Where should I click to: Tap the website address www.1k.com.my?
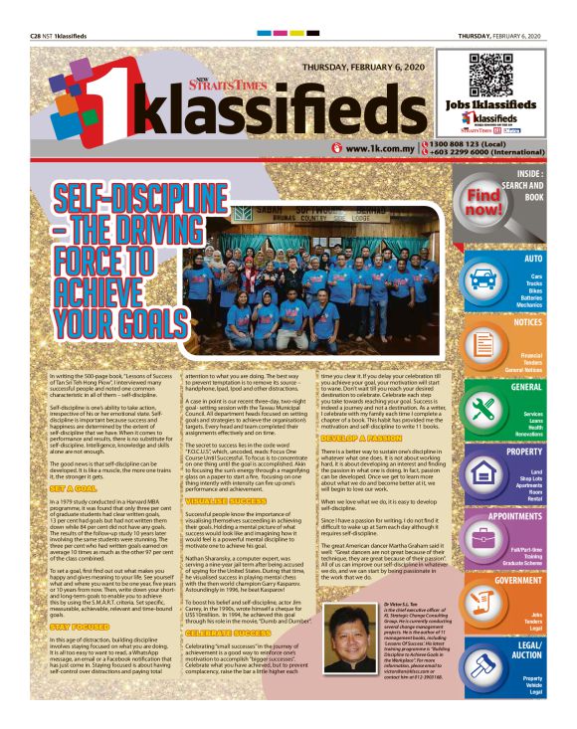point(380,148)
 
